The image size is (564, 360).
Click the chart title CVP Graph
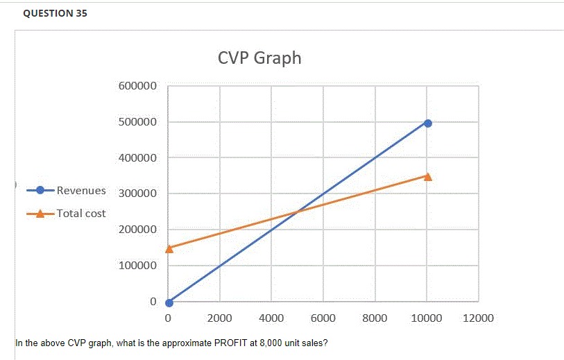259,58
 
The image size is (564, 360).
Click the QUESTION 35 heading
55,13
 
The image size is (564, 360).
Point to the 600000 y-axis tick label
137,86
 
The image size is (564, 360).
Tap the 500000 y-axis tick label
137,122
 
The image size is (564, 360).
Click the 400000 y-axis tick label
137,158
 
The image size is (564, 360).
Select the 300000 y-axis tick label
137,194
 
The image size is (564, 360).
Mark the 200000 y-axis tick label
137,230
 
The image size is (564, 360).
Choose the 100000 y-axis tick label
137,266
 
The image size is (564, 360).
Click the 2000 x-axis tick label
220,318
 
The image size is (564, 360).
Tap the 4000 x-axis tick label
271,318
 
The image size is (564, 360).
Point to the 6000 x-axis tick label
323,318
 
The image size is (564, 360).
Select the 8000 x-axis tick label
375,318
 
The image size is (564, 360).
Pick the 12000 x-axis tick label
478,318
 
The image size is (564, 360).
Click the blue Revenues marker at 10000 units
427,123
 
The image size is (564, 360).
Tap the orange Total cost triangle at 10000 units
427,176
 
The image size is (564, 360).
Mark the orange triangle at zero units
169,248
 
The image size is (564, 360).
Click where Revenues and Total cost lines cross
298,212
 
